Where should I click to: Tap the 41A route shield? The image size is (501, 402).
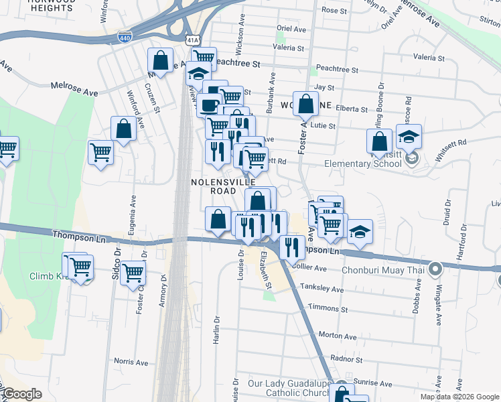pyautogui.click(x=193, y=41)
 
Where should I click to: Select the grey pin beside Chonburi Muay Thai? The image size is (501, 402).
pyautogui.click(x=435, y=270)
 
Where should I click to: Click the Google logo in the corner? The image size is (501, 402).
pyautogui.click(x=22, y=394)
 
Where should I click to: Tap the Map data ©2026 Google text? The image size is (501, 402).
pyautogui.click(x=459, y=397)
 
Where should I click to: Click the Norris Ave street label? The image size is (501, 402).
pyautogui.click(x=131, y=361)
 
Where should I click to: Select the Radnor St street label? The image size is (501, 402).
pyautogui.click(x=346, y=358)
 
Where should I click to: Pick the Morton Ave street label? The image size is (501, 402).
pyautogui.click(x=338, y=335)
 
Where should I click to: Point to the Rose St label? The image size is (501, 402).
pyautogui.click(x=334, y=11)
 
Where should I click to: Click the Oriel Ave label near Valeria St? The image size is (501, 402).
pyautogui.click(x=291, y=29)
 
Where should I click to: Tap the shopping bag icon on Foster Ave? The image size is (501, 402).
pyautogui.click(x=305, y=104)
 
